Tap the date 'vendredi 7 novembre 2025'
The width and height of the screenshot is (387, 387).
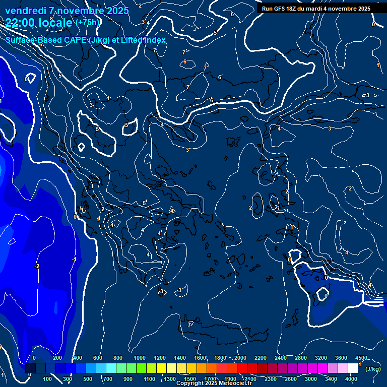[x=67, y=11]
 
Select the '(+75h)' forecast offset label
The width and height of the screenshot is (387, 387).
[x=88, y=22]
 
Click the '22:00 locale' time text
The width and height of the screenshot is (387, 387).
[x=39, y=23]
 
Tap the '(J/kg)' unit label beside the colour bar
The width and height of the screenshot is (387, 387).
[x=373, y=369]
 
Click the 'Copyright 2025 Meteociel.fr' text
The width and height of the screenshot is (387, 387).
[x=214, y=383]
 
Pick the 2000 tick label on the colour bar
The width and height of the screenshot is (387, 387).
[x=240, y=358]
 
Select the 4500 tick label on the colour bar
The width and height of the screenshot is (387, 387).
[x=361, y=358]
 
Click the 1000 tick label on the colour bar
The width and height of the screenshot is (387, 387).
[x=140, y=358]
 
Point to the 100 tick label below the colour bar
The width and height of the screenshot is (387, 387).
[x=47, y=379]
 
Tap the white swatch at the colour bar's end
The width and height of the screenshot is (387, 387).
[x=353, y=368]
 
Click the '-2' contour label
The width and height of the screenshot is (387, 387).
[x=37, y=266]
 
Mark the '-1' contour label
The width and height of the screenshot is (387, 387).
[x=74, y=260]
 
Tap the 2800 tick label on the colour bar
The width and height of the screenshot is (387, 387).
[x=301, y=358]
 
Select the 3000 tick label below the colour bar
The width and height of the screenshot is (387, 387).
[x=311, y=379]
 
